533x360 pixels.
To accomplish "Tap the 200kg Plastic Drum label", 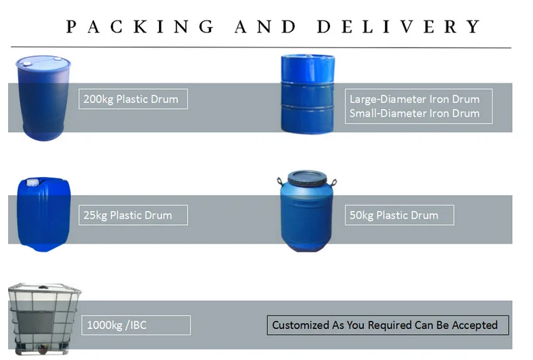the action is (131, 99).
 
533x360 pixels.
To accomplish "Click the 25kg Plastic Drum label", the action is (128, 216).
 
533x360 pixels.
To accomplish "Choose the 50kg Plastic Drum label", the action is (394, 216).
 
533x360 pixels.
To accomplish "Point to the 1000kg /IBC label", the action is (117, 325).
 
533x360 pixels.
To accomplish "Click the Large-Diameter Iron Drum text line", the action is (415, 99).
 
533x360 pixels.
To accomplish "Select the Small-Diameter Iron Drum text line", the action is (415, 113).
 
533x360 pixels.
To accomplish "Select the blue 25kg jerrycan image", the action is (42, 214).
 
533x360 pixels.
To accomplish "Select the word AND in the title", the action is (265, 27).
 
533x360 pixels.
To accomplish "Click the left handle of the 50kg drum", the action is (281, 183).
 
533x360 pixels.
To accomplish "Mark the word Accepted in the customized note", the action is (474, 325).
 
